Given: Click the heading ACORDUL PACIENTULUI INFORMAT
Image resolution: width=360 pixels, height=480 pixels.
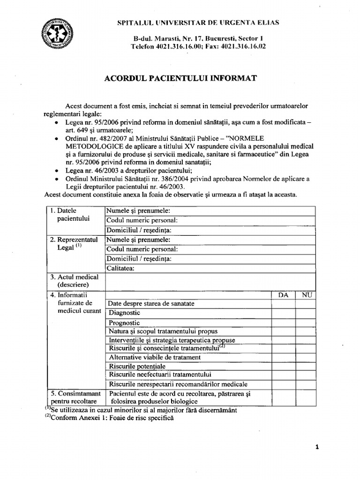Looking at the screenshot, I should point(180,78).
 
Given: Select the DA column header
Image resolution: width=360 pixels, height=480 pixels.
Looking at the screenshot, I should point(283,295).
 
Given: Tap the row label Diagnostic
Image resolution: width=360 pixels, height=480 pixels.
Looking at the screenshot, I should point(124,313).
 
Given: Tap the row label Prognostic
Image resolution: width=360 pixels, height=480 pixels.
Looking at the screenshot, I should point(124,322).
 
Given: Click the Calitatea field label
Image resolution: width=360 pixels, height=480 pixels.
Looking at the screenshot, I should point(121,269).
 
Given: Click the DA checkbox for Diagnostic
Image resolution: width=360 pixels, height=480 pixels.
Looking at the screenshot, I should point(283,313).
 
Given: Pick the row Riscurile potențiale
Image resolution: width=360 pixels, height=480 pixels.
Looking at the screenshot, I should point(137,366).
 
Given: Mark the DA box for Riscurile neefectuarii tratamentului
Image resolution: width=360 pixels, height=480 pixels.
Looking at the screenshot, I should point(283,375).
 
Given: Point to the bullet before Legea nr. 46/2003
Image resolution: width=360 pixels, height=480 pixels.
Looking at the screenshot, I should point(56,171).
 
